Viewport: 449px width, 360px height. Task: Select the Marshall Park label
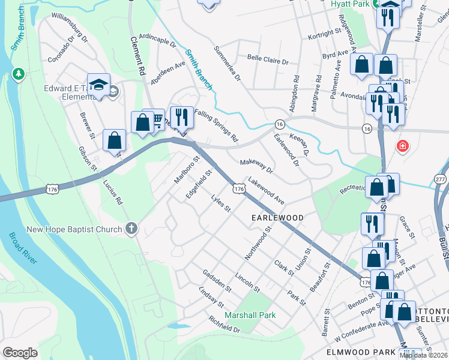click(x=250, y=315)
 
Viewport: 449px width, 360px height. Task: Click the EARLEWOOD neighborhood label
click(x=277, y=217)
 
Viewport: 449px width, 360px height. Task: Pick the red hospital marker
click(x=402, y=146)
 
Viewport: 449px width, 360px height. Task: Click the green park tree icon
click(x=19, y=74)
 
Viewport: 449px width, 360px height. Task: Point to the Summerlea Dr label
click(x=228, y=63)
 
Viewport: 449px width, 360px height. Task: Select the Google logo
click(x=20, y=353)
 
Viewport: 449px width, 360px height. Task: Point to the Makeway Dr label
click(x=256, y=166)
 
